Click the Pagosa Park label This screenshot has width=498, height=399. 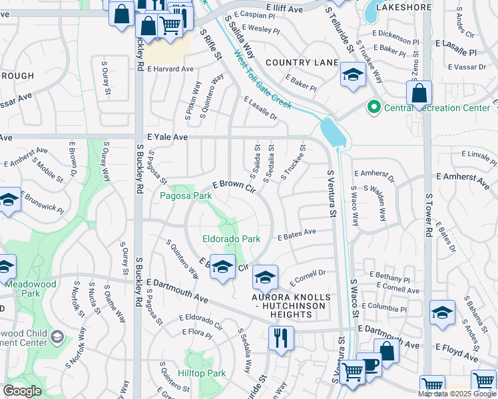tap(186, 196)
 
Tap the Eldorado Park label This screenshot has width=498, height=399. tap(231, 239)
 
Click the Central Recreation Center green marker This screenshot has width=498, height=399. tap(373, 107)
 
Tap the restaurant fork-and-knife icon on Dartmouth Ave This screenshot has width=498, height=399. tap(281, 337)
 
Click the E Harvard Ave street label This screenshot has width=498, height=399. tap(170, 68)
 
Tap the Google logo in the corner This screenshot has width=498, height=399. tap(22, 391)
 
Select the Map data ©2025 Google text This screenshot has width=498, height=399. tap(457, 394)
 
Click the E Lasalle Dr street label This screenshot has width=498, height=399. tap(261, 110)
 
